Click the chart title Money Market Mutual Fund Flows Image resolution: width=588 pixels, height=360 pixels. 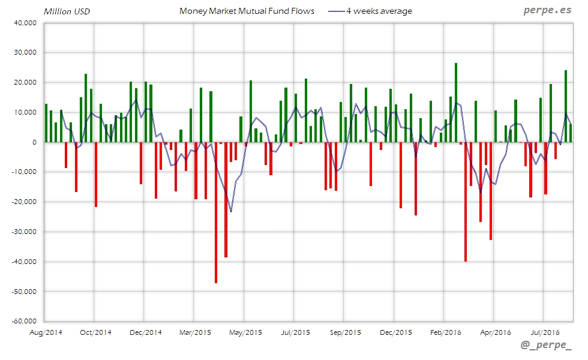(x=247, y=11)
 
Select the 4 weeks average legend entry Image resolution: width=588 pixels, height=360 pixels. (x=379, y=11)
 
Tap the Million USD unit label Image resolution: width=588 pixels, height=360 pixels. (x=67, y=11)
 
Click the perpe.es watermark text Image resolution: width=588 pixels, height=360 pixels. (x=547, y=10)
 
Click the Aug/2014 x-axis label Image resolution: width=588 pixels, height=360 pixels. (x=46, y=332)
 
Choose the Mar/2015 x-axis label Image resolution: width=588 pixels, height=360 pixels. (x=195, y=332)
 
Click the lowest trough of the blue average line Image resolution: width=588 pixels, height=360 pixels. (x=231, y=211)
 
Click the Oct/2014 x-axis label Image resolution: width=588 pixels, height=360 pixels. (x=95, y=332)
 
